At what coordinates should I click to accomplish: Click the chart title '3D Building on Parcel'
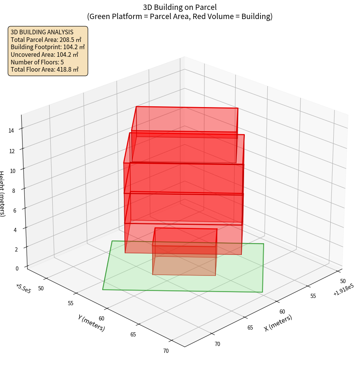pyautogui.click(x=180, y=7)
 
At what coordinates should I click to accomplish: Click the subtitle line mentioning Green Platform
pyautogui.click(x=180, y=17)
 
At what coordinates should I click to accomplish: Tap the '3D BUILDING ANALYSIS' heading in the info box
pyautogui.click(x=42, y=32)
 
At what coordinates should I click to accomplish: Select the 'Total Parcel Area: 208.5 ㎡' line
pyautogui.click(x=46, y=40)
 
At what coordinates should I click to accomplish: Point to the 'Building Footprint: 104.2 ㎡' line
pyautogui.click(x=48, y=47)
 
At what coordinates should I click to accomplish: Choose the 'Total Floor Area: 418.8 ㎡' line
pyautogui.click(x=45, y=70)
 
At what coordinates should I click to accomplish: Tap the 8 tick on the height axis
pyautogui.click(x=14, y=190)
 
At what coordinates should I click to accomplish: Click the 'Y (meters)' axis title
pyautogui.click(x=91, y=323)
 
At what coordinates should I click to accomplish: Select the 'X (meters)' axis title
pyautogui.click(x=278, y=323)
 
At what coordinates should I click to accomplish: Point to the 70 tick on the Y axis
pyautogui.click(x=166, y=351)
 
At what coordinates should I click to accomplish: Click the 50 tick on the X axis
pyautogui.click(x=343, y=281)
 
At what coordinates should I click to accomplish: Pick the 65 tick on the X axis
pyautogui.click(x=250, y=327)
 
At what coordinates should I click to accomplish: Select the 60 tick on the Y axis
pyautogui.click(x=101, y=319)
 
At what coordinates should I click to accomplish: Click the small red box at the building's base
pyautogui.click(x=185, y=251)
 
